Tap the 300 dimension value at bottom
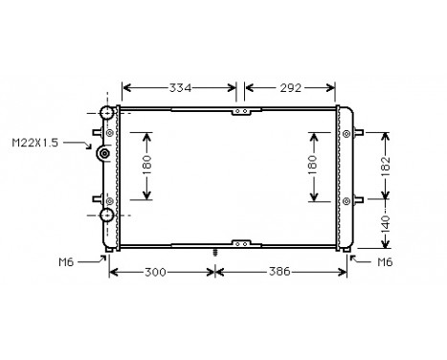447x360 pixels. tap(160, 272)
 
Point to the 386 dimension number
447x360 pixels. tap(279, 272)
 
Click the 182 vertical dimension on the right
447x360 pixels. tap(385, 167)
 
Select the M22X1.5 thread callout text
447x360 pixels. tap(34, 143)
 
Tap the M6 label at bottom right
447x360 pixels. tap(385, 261)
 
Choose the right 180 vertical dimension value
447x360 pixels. tap(314, 165)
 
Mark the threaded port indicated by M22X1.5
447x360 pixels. tap(103, 156)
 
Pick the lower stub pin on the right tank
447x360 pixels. tap(358, 201)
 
